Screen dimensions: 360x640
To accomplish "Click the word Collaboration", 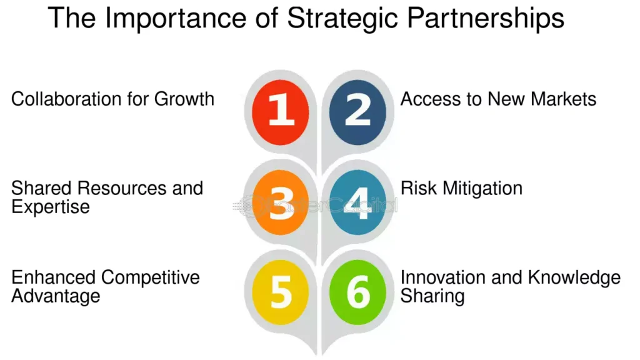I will [62, 99].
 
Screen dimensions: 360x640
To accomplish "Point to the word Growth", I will [184, 99].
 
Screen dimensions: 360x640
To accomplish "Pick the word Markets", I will [562, 99].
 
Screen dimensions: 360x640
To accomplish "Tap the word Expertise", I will [51, 207].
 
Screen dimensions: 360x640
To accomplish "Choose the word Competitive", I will [151, 277].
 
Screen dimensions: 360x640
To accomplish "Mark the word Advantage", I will [56, 296].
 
